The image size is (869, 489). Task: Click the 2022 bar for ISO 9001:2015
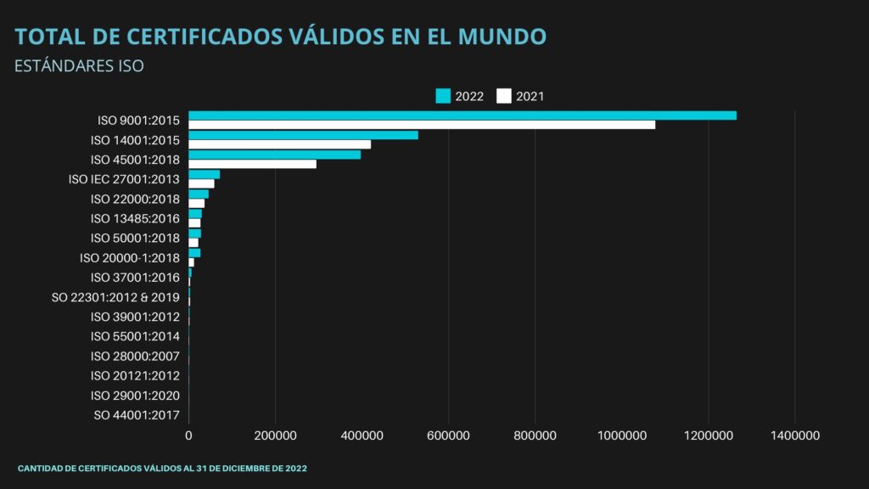[x=463, y=115]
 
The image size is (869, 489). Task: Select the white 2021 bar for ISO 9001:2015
[x=422, y=125]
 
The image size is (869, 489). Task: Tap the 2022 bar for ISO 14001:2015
[x=303, y=135]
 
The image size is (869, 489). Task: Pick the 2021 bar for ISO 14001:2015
[x=279, y=144]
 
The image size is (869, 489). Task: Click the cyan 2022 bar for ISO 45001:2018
[x=274, y=155]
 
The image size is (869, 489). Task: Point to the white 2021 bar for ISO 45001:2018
[x=252, y=164]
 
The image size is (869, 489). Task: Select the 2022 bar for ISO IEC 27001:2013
[x=204, y=174]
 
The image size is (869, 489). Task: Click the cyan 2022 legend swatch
[x=443, y=96]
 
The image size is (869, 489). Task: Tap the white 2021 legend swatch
[x=504, y=96]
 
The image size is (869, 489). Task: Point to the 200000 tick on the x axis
[x=276, y=435]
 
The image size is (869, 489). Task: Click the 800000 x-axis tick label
[x=535, y=435]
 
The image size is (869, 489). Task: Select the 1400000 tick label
[x=795, y=435]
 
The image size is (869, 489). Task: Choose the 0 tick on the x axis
[x=188, y=435]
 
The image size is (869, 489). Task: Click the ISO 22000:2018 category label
[x=135, y=199]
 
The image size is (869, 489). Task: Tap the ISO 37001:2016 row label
[x=135, y=278]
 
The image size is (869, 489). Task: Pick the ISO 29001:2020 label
[x=135, y=396]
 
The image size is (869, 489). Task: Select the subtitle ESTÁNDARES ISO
[x=80, y=65]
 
